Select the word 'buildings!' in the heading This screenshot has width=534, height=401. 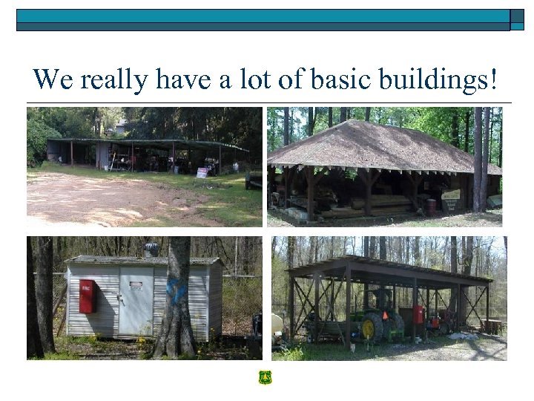pyautogui.click(x=443, y=79)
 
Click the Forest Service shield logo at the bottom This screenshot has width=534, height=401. pyautogui.click(x=266, y=378)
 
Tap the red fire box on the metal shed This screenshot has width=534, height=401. pyautogui.click(x=87, y=296)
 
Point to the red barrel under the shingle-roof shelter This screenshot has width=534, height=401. pyautogui.click(x=429, y=206)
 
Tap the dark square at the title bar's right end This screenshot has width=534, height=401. pyautogui.click(x=517, y=20)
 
